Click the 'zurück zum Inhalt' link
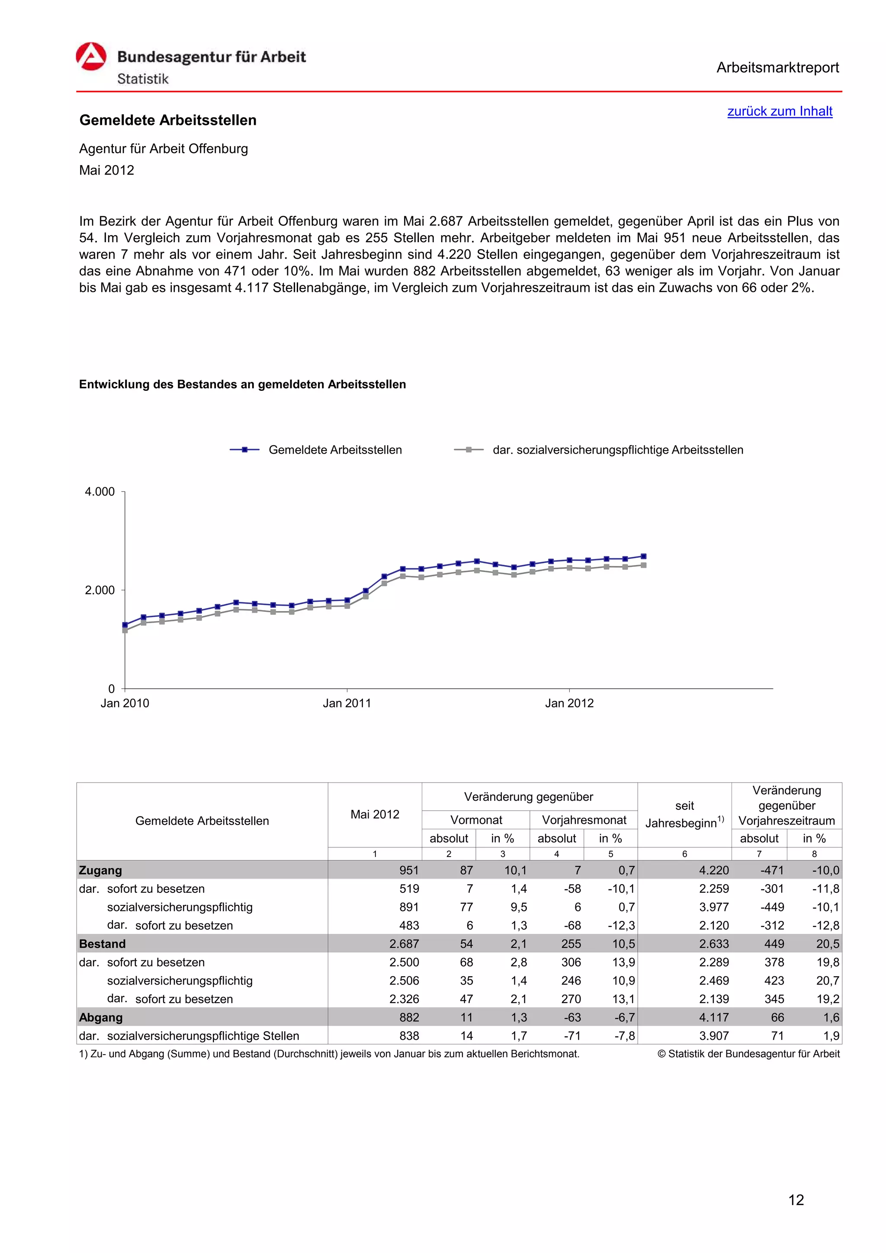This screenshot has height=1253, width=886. [x=779, y=111]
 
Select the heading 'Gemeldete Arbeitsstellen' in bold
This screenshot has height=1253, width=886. [x=167, y=120]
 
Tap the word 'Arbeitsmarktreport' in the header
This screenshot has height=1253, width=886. [x=777, y=68]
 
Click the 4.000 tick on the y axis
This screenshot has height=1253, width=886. [x=100, y=492]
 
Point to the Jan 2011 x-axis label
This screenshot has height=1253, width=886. [x=347, y=703]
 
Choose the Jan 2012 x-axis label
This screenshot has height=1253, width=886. [x=569, y=703]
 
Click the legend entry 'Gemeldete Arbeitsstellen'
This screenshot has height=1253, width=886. [x=335, y=450]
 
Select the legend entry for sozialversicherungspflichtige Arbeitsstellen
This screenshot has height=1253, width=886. [x=617, y=450]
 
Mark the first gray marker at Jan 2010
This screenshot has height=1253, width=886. [x=125, y=630]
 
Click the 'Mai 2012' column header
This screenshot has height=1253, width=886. [x=375, y=814]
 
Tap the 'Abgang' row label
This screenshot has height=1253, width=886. [x=101, y=1017]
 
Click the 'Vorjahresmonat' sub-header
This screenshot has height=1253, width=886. [x=584, y=820]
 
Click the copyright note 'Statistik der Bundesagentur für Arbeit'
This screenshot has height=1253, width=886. [x=752, y=1054]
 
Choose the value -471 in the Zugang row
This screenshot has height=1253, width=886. [x=772, y=870]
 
